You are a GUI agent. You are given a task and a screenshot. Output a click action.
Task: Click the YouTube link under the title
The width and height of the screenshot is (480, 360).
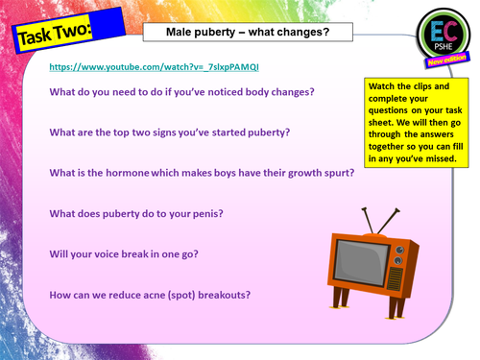[x=153, y=67]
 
